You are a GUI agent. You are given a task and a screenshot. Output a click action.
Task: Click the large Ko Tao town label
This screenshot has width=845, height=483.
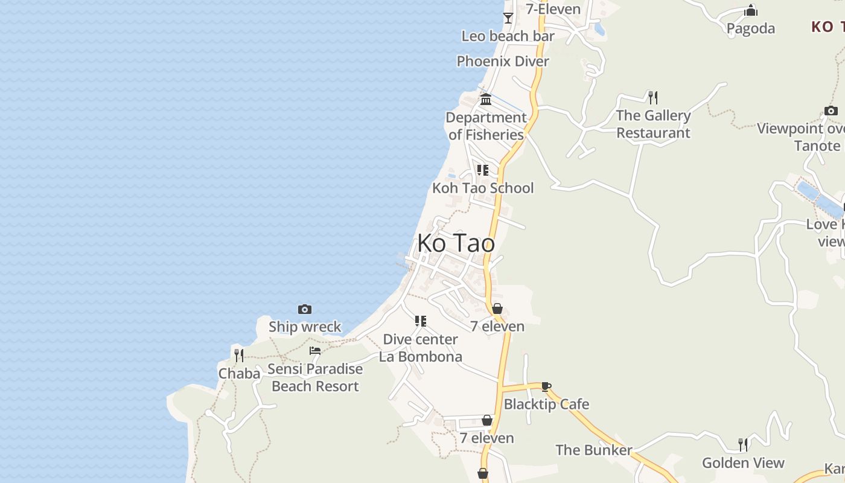[x=456, y=243]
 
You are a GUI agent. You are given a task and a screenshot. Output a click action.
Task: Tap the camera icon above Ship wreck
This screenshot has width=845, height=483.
[x=305, y=310]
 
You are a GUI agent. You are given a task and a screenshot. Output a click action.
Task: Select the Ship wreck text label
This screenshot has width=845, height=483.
[x=305, y=327]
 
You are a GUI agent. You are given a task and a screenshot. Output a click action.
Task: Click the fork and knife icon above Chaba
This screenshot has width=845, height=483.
[x=239, y=355]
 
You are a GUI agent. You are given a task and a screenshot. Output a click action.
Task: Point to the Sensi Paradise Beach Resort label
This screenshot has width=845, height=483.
[x=315, y=377]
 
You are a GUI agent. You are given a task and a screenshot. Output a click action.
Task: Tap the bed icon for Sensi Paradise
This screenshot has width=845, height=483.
[x=315, y=351]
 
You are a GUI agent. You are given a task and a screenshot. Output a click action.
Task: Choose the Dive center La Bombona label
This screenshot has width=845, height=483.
[x=421, y=348]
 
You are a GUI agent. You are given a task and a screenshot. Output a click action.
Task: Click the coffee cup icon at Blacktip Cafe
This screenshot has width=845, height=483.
[x=546, y=386]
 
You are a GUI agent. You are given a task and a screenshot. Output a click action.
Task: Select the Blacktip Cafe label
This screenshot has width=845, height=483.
[x=546, y=404]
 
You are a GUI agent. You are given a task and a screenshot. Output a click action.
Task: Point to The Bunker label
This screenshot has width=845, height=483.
[x=593, y=450]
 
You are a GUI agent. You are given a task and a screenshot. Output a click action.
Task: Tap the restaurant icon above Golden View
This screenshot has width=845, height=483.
[x=743, y=445]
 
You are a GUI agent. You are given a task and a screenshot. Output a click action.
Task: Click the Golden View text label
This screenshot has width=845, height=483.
[x=743, y=463]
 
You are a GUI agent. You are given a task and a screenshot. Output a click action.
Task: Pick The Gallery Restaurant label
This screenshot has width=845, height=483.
[x=653, y=124]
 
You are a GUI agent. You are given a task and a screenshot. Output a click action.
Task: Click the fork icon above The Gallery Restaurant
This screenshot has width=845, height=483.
[x=652, y=97]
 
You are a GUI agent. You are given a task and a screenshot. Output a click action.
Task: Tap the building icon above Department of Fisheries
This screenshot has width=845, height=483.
[x=486, y=99]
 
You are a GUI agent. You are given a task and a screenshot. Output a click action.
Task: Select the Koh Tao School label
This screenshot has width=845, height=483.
[x=483, y=188]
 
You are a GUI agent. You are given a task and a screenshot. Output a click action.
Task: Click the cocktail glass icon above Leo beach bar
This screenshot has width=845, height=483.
[x=508, y=18]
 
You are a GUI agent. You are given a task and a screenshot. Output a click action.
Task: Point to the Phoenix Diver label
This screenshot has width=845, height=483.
[x=503, y=61]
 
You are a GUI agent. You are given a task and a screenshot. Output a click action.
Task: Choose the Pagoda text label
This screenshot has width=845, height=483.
[x=751, y=28]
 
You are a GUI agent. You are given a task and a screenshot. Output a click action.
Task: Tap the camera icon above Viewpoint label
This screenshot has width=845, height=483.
[x=831, y=111]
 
